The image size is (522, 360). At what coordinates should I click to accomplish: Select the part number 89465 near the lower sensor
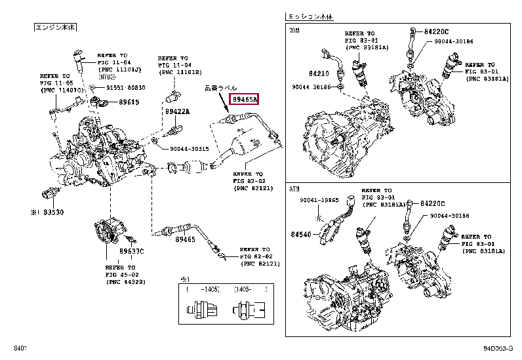[186, 241]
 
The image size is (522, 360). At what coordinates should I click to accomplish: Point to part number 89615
[129, 102]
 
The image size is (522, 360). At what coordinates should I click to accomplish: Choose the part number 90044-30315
[189, 149]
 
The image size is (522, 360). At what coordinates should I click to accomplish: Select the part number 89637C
[130, 251]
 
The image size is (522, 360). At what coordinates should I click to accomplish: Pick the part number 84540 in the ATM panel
[302, 234]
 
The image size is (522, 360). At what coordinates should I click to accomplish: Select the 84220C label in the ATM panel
[433, 204]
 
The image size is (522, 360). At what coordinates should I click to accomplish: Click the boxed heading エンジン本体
[55, 28]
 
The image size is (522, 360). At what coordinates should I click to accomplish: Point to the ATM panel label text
[294, 189]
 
